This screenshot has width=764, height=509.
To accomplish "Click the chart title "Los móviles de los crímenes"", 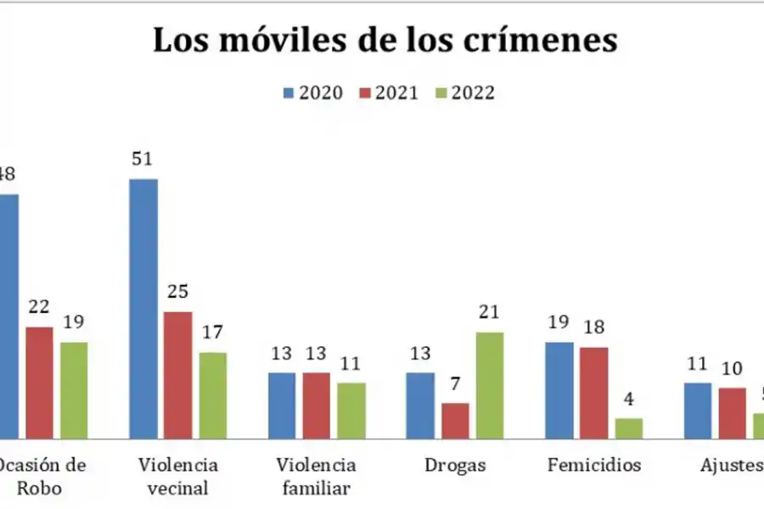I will (x=385, y=41).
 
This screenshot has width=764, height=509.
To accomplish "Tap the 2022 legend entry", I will (x=463, y=92).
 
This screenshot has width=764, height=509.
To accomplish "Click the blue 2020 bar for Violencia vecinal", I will (x=143, y=309).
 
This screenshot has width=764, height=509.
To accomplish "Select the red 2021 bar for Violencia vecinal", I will (x=177, y=375).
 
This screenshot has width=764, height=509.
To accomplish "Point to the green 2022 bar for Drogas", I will (x=489, y=385).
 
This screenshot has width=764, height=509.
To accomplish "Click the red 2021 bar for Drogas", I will (x=455, y=421).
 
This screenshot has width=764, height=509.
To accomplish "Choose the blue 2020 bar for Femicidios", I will (x=559, y=390).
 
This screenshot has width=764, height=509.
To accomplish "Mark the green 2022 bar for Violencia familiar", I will (x=351, y=411).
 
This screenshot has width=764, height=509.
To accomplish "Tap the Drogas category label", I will (x=455, y=466).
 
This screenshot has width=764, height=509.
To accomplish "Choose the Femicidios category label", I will (x=594, y=466).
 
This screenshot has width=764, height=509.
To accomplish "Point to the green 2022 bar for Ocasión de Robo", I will (x=73, y=390).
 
